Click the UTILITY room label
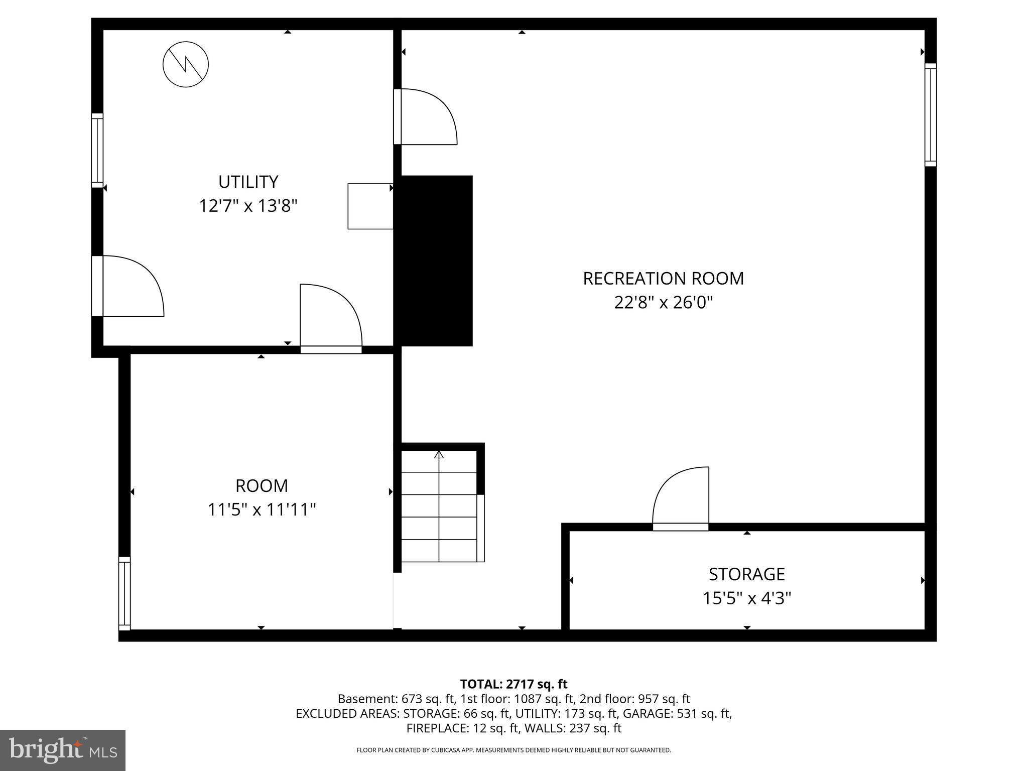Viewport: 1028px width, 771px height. point(248,182)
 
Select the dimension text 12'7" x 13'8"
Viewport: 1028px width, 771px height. point(248,206)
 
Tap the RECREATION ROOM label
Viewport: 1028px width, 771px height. point(663,279)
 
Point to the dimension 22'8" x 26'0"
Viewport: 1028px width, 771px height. point(663,303)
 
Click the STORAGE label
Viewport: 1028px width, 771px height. point(746,574)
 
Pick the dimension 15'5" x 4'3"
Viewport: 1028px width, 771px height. point(746,598)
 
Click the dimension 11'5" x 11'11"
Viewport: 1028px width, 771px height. point(262,510)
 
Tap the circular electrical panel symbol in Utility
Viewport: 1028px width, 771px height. point(186,64)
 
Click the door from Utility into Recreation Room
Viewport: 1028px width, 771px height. point(426,117)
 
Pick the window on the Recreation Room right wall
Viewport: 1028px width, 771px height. point(930,115)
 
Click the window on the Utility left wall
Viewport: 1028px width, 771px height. point(97,151)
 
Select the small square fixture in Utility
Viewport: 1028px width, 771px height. point(370,206)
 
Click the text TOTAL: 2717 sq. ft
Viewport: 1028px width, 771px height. point(513,684)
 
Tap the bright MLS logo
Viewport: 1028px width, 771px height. point(63,750)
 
